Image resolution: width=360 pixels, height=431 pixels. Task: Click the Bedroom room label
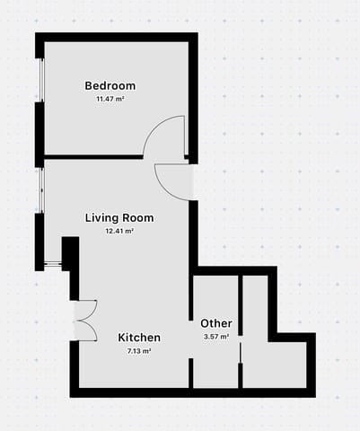[x=110, y=86]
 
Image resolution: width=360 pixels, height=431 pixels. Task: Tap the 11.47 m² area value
[x=110, y=99]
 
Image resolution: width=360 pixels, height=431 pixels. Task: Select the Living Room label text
[x=119, y=218]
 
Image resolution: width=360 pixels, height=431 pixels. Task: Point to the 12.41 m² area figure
[x=119, y=231]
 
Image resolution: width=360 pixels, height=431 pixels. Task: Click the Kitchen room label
[x=140, y=339]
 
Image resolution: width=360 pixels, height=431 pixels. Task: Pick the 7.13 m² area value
[x=140, y=351]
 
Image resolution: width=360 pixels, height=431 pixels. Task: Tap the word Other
[x=216, y=323]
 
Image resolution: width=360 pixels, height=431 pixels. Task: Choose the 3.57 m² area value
[x=216, y=337]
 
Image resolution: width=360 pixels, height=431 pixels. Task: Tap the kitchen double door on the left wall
[x=83, y=320]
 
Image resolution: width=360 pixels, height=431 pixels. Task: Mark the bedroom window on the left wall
[x=40, y=81]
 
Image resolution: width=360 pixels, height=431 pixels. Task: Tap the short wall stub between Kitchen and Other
[x=190, y=372]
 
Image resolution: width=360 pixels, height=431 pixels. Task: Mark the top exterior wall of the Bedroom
[x=117, y=37]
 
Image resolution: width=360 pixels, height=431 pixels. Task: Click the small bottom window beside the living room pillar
[x=52, y=266]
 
